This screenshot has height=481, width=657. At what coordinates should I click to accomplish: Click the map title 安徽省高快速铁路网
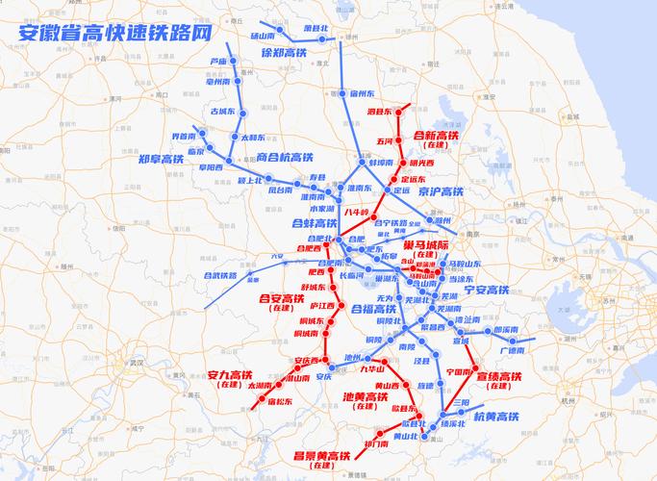click(x=114, y=33)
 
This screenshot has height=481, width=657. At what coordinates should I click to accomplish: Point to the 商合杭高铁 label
click(x=285, y=157)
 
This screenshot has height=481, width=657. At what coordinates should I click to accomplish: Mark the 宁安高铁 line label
click(x=486, y=290)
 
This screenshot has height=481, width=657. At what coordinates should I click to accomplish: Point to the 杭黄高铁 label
click(x=496, y=416)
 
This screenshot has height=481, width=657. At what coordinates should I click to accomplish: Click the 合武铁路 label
click(x=219, y=275)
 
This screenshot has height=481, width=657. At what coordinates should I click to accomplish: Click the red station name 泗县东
click(x=379, y=113)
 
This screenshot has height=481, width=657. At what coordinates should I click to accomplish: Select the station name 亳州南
click(x=219, y=82)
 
